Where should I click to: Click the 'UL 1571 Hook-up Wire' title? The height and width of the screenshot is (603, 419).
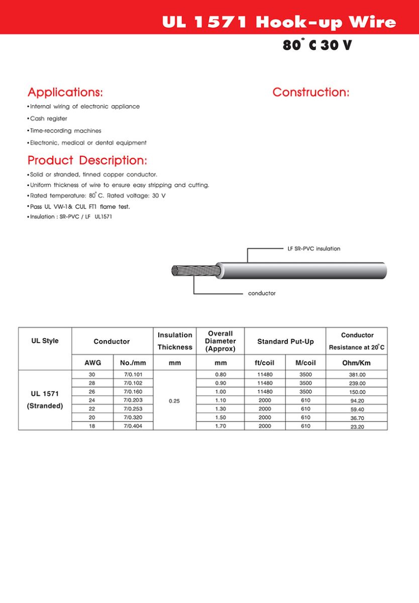point(279,22)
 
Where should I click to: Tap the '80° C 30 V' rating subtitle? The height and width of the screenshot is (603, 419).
point(317,45)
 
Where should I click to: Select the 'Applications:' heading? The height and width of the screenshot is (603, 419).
point(65,92)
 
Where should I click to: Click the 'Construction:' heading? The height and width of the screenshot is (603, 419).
point(310,92)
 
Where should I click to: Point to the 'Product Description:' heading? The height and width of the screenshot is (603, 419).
point(87,161)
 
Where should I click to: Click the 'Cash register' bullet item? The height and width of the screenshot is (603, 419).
point(48,119)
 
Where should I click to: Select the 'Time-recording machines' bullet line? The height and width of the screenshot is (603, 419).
point(65,131)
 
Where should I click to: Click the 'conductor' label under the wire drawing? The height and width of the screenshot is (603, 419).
point(262,293)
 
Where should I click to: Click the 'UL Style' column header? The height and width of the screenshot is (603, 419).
point(45,341)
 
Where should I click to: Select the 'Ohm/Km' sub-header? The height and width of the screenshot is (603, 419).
point(356,363)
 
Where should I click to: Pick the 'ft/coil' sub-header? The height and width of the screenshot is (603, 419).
point(264,363)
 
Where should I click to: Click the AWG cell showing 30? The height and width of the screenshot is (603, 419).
point(92,375)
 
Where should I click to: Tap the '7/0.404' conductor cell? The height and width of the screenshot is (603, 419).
point(133,426)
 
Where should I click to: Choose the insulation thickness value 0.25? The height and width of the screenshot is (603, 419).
point(174,401)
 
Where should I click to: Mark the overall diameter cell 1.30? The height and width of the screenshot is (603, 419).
point(220,409)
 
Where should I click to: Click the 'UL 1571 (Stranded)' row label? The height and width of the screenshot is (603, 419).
point(45,400)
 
